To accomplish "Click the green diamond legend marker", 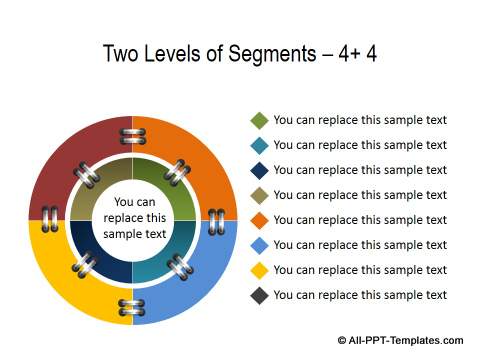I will click(259, 120).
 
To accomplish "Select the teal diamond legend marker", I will click(259, 145).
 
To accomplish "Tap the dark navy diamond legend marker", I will click(259, 170).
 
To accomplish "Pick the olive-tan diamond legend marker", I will click(259, 195).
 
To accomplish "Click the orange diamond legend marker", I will click(259, 220).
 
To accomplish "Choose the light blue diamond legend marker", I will click(259, 245).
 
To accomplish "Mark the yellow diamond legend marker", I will click(259, 270).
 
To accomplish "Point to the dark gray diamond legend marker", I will click(259, 295).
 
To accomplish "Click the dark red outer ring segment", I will click(70, 160).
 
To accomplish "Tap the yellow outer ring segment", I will click(65, 280).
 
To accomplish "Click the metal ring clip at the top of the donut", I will click(133, 136).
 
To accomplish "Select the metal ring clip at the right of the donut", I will click(217, 220).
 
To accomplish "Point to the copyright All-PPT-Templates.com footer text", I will click(400, 341).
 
